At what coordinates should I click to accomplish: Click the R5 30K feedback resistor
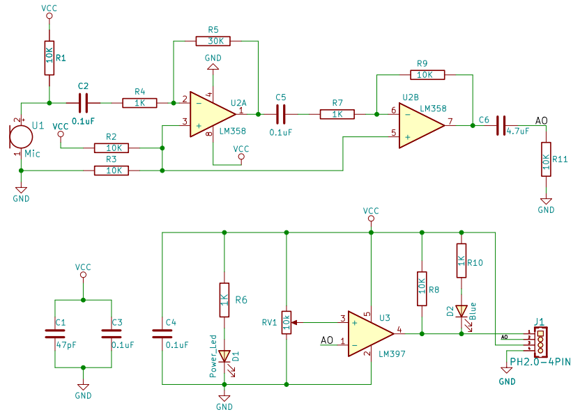pos(213,41)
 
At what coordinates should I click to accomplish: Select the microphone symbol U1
pos(21,136)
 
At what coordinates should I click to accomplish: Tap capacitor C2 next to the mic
pos(83,103)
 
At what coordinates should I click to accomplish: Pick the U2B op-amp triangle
pos(422,125)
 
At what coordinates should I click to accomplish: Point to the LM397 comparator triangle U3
pos(371,334)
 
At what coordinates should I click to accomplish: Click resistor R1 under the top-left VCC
pos(49,58)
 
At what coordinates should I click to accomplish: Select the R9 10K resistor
pos(427,75)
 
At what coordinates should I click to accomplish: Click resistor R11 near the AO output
pos(546,159)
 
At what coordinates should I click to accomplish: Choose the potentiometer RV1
pos(287,322)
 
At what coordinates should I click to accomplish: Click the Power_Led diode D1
pos(224,356)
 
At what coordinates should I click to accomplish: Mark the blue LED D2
pos(461,311)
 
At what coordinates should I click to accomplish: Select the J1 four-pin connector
pos(540,342)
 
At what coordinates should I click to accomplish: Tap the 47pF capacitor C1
pos(55,334)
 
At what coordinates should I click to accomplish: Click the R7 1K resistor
pos(337,114)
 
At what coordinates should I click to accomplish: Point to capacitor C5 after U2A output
pos(281,114)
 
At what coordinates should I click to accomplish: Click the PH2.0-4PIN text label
pos(540,361)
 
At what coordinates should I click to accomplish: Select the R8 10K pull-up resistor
pos(422,289)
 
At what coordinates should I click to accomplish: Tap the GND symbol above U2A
pos(213,66)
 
